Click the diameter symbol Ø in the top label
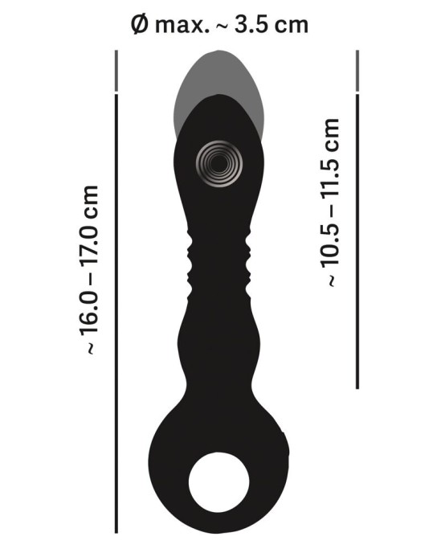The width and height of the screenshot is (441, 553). [x=138, y=24]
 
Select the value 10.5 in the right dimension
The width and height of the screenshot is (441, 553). [x=329, y=246]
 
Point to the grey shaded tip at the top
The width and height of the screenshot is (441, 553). [x=217, y=76]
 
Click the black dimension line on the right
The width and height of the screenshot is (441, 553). [x=357, y=241]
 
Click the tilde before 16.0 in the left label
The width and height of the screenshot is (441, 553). [x=89, y=347]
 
